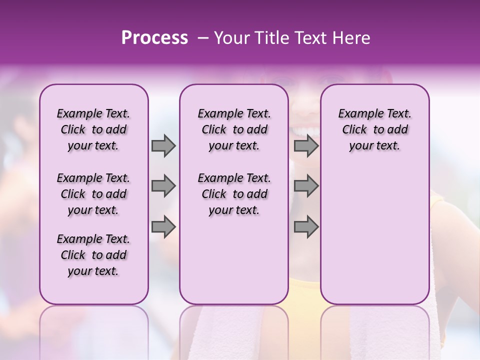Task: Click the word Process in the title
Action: (x=154, y=38)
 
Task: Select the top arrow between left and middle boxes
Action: (x=163, y=146)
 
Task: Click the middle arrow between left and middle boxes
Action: (x=163, y=186)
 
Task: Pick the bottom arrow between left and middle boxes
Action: (x=163, y=227)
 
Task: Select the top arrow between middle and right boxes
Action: (x=306, y=146)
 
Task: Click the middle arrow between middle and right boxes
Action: (x=306, y=186)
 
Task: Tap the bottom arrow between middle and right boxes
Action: (x=306, y=227)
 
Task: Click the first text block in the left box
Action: (x=93, y=129)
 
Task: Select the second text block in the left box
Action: (x=93, y=194)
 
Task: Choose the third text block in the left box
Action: (x=93, y=255)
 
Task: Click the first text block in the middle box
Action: (x=234, y=129)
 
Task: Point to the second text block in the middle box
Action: (x=234, y=194)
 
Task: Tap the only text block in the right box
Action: (x=374, y=129)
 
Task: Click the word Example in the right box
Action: (x=356, y=113)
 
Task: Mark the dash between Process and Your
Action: (x=202, y=38)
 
